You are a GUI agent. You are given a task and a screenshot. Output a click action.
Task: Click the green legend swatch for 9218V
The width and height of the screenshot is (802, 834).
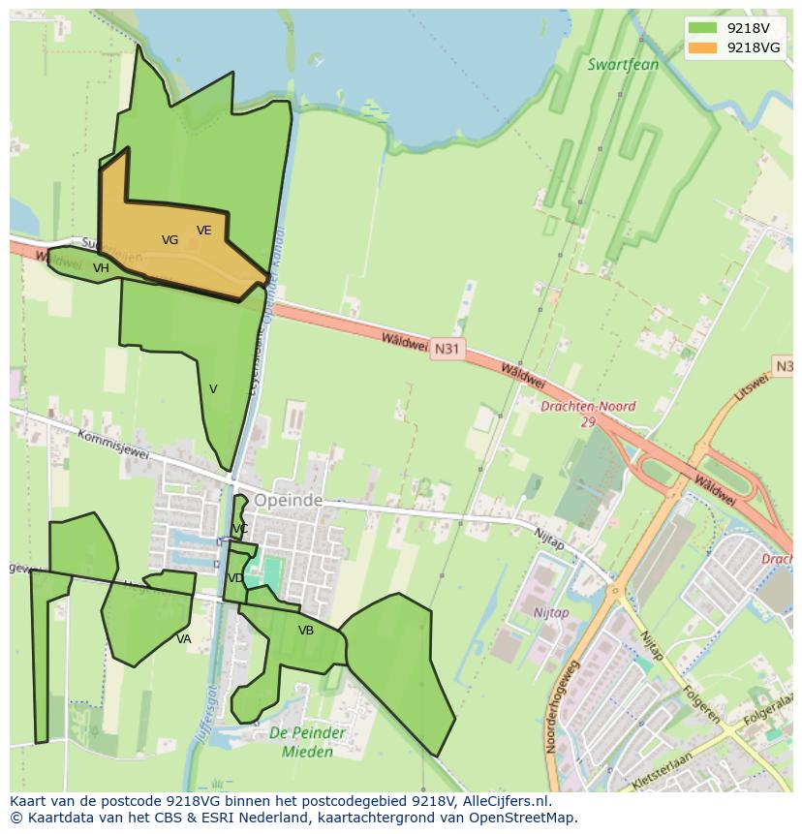coord(702,28)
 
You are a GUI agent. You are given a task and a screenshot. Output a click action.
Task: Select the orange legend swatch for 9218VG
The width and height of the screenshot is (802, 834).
coord(702,47)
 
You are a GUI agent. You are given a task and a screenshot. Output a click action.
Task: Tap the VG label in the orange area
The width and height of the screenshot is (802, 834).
coord(170,240)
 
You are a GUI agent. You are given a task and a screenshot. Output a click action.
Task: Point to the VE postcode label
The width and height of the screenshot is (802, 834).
coord(203,231)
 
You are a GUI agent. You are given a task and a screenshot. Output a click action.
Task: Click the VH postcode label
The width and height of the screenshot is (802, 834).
coord(101,268)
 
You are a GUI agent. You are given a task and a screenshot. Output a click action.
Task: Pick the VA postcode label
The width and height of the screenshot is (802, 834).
coord(183,639)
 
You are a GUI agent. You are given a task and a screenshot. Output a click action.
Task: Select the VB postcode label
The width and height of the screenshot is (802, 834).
coord(306,631)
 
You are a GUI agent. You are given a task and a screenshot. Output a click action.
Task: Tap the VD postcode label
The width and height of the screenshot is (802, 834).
coord(235,578)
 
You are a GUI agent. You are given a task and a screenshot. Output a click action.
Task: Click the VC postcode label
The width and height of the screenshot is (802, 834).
coord(240,529)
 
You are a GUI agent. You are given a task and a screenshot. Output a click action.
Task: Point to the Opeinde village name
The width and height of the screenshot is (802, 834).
coord(288,501)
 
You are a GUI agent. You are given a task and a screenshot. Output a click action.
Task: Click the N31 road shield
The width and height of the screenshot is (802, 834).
coord(446,348)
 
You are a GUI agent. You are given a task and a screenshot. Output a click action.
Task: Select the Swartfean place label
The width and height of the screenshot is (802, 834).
coord(623,65)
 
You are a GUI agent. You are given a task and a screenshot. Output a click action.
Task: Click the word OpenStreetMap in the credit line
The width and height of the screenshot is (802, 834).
coord(525,818)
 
